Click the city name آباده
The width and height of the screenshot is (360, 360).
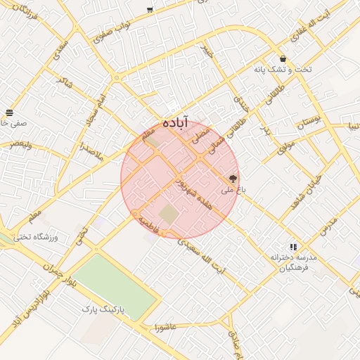pyautogui.click(x=176, y=121)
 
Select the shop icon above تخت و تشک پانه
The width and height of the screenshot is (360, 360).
pyautogui.click(x=283, y=59)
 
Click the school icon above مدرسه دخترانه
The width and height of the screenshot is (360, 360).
pyautogui.click(x=293, y=247)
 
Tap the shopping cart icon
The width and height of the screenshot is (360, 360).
pyautogui.click(x=150, y=9)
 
